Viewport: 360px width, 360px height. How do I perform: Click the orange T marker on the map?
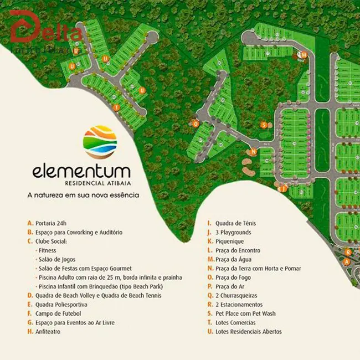116,107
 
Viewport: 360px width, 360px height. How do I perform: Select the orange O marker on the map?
195,124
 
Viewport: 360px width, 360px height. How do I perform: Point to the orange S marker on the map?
264,125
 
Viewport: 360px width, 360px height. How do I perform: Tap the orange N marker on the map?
253,151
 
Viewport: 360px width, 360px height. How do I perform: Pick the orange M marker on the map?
304,54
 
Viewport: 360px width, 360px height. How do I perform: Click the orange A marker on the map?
347,261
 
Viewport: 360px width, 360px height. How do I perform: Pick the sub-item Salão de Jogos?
56,259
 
